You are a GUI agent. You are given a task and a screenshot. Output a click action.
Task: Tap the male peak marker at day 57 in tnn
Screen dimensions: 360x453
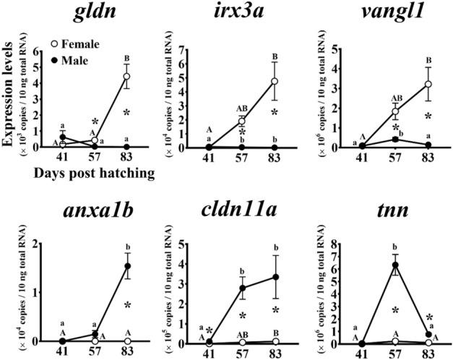tap(396, 265)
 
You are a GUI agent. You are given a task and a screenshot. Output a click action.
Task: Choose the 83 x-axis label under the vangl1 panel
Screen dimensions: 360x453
tap(428, 159)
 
